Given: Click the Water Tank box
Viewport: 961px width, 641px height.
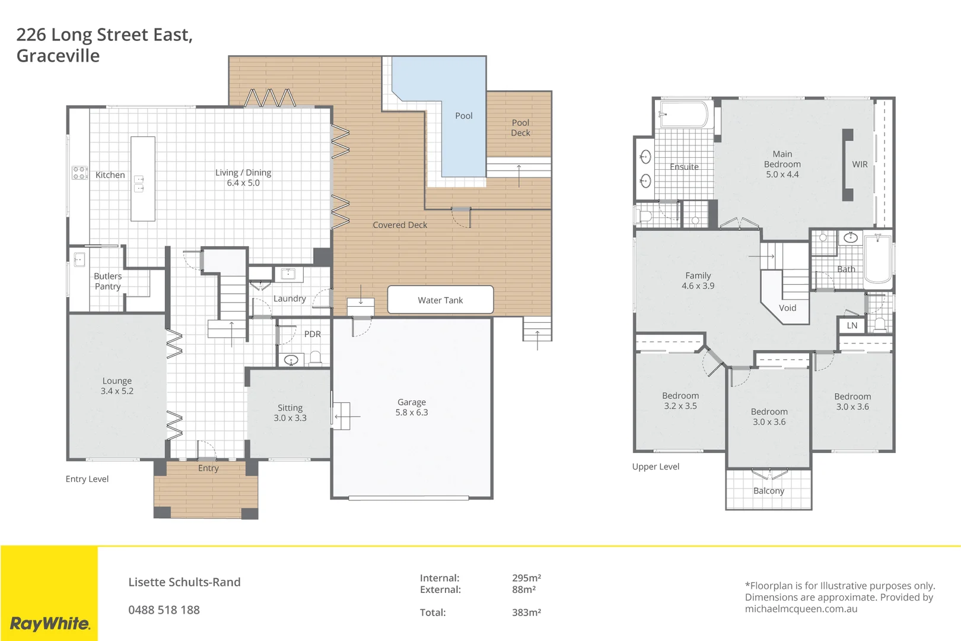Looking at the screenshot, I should click(440, 300).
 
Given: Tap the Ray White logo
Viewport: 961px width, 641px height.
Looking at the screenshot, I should click(50, 623).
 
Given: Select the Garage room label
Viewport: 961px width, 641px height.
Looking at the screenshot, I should click(412, 407).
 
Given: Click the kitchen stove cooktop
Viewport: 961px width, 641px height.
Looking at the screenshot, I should click(80, 173).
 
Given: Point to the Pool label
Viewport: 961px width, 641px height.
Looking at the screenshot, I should click(463, 116).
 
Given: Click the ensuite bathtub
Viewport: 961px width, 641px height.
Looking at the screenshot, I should click(684, 115).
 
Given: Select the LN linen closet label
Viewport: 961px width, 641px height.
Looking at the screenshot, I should click(852, 325).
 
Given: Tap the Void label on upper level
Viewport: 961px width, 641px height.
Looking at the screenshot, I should click(787, 307).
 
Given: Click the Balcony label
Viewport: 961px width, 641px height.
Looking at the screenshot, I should click(768, 491).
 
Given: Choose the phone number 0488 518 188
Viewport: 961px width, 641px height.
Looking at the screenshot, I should click(164, 610).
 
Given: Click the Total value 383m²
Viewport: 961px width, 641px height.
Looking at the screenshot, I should click(526, 612).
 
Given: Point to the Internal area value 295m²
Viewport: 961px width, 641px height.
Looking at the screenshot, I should click(526, 577).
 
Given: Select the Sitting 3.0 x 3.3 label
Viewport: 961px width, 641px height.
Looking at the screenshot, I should click(290, 412).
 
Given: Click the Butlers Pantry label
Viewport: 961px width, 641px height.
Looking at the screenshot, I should click(107, 281).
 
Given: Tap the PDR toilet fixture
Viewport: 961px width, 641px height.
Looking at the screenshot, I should click(316, 358).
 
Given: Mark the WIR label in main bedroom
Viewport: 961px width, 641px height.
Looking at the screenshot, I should click(860, 164).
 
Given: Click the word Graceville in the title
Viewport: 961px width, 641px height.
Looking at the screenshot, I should click(58, 56).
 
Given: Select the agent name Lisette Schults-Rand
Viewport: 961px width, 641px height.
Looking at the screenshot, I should click(184, 582).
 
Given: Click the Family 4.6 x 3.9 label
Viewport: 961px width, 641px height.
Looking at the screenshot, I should click(698, 280).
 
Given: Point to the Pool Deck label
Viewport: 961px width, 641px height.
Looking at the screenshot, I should click(520, 128).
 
